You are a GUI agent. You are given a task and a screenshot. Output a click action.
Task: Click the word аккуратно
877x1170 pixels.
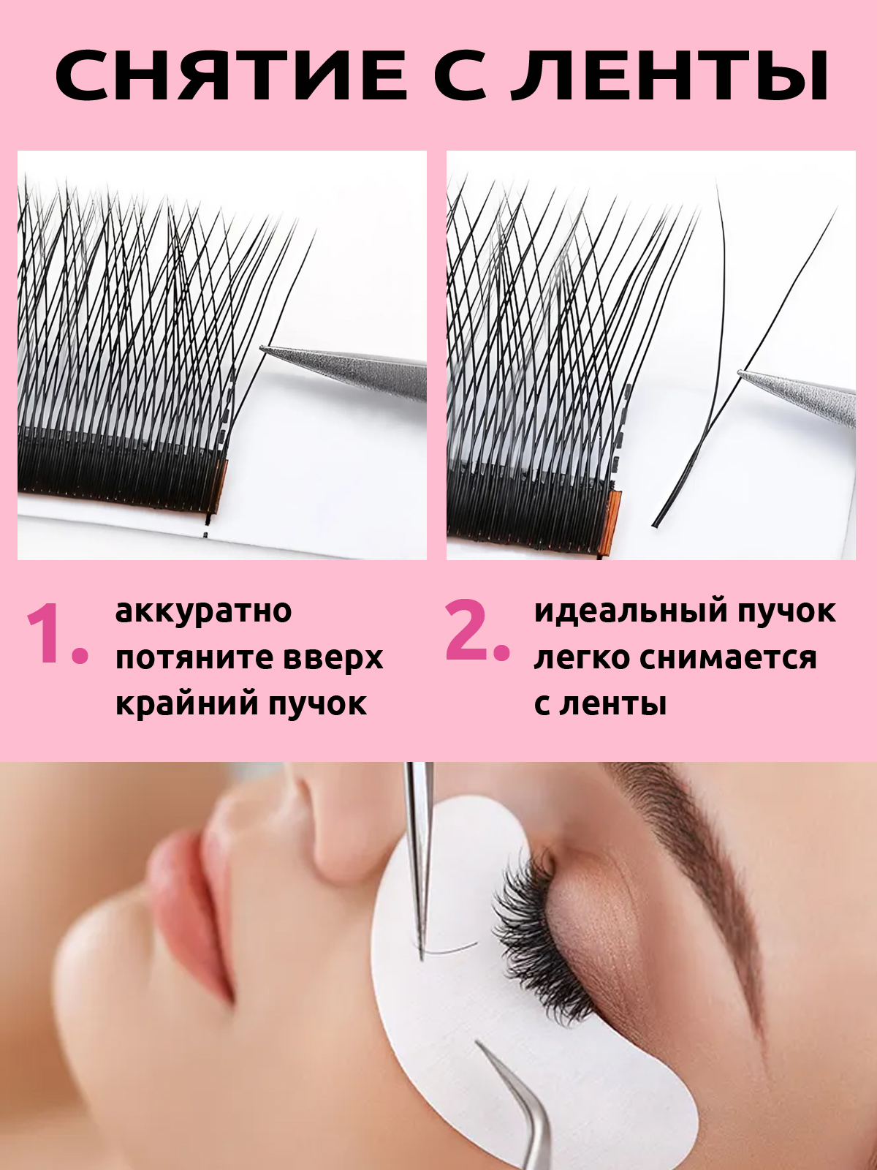203,611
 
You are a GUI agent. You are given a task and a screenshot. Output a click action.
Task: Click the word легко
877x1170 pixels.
581,657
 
